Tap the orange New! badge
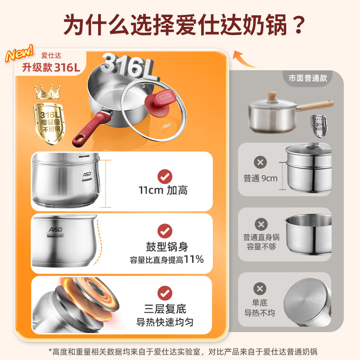coord(19,53)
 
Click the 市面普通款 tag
coord(308,77)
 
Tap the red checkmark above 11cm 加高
coord(165,175)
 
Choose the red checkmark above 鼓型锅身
coord(165,231)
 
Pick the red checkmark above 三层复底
coord(165,293)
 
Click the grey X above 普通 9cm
coord(261,162)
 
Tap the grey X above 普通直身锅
coord(261,224)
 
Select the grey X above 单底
coord(261,288)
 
